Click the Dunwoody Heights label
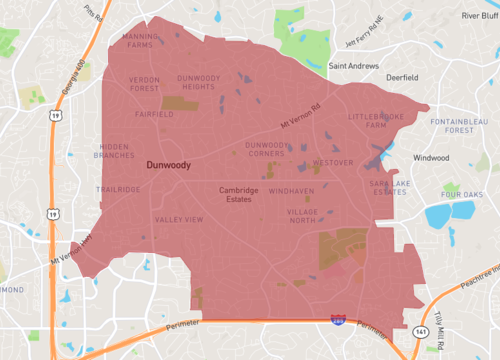204,83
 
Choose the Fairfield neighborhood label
154,114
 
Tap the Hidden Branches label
113,151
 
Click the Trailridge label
119,188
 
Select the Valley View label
179,219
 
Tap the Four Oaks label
464,193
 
